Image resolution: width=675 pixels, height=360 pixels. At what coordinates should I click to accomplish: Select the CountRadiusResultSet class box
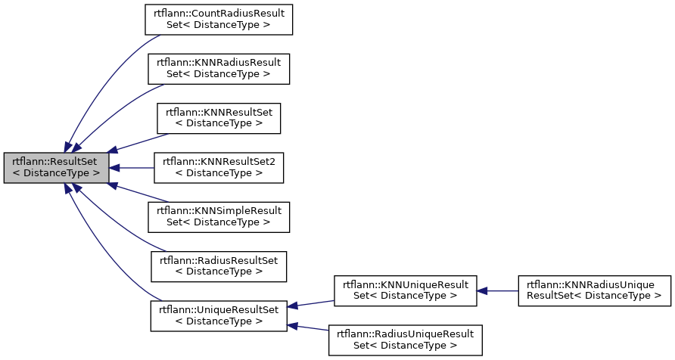(x=219, y=18)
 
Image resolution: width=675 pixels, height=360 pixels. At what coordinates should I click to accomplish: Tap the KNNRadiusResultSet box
(x=219, y=68)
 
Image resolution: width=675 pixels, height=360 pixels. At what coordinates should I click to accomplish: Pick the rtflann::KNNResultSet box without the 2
(x=219, y=117)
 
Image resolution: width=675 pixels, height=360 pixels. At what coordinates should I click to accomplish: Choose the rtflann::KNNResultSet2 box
(x=219, y=167)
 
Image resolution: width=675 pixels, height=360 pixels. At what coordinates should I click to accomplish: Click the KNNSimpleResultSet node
(x=219, y=217)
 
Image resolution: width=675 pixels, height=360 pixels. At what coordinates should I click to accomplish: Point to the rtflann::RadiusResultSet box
(x=219, y=265)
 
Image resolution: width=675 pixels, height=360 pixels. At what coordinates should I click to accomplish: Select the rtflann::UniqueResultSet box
(x=219, y=315)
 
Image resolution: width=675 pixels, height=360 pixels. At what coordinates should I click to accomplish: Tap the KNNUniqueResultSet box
(x=405, y=290)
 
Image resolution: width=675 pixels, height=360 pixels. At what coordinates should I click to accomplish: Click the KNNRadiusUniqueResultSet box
(x=594, y=290)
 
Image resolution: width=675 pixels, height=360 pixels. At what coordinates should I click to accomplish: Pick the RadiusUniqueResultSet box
(x=405, y=340)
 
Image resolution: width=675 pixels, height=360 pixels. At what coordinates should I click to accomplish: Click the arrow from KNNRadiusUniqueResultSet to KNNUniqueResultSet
(x=497, y=290)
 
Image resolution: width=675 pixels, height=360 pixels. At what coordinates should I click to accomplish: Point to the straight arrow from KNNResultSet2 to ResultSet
(x=132, y=167)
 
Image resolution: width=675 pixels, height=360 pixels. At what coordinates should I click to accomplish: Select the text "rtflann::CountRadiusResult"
(x=219, y=13)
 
